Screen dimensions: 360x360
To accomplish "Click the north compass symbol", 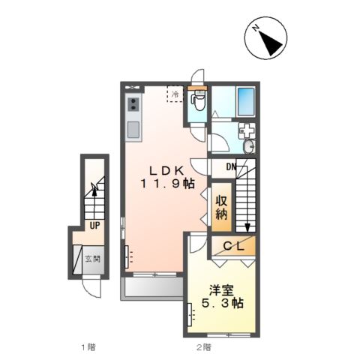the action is (x=265, y=38).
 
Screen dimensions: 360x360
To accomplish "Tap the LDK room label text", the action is (x=167, y=171).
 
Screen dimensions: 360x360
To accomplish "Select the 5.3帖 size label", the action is (x=223, y=303).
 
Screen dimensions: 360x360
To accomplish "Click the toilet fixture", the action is (x=199, y=100).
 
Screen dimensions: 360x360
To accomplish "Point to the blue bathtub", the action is (x=246, y=101).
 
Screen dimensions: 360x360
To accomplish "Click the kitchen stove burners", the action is (x=133, y=104).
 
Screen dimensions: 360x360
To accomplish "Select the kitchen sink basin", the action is (x=133, y=130).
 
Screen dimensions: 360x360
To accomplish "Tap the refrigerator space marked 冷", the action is (x=175, y=94).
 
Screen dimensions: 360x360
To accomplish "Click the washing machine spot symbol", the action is (x=247, y=130).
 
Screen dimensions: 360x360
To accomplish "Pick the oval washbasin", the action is (x=249, y=146).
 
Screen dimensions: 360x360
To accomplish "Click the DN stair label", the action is (x=231, y=166).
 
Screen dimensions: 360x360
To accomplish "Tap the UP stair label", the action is (x=94, y=226).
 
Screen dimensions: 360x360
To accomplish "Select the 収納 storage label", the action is (x=221, y=207).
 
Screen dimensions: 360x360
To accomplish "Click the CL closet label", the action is (x=233, y=247).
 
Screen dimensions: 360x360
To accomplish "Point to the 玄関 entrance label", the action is (x=93, y=259).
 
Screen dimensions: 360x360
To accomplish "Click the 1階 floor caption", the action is (x=88, y=347).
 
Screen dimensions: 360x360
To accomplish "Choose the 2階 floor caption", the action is (x=204, y=347).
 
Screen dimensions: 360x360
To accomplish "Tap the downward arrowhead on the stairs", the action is (x=247, y=227).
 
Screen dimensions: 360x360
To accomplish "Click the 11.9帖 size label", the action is (x=167, y=184).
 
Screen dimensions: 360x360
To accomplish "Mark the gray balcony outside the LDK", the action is (x=152, y=289).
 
